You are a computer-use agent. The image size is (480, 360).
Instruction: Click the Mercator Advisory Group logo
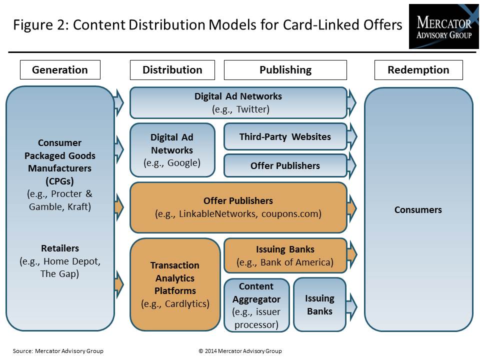444,26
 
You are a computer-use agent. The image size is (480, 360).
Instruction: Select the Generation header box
60,70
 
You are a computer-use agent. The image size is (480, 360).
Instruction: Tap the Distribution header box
172,70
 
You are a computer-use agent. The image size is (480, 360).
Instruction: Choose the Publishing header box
285,70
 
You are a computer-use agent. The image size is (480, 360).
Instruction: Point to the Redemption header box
418,70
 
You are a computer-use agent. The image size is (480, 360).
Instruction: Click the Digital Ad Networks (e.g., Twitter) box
238,103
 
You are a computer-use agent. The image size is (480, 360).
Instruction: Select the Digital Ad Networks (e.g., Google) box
172,150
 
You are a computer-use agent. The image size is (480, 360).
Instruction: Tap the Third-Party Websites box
285,136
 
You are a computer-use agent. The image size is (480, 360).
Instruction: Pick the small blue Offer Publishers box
285,165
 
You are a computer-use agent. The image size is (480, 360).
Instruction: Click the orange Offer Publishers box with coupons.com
238,207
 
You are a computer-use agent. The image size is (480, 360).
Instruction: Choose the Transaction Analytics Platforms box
175,284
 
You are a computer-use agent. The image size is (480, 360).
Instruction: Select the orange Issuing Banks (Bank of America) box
285,255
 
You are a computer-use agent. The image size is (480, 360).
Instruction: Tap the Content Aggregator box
256,305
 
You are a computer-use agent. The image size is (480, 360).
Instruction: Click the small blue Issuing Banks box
320,304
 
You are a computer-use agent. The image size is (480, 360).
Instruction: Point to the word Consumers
418,209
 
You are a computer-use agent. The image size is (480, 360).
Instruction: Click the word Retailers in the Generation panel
60,248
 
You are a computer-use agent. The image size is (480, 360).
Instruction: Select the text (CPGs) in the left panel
59,181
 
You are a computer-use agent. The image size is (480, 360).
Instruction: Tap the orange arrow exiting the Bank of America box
352,254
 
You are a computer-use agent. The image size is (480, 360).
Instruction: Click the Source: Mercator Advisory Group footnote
58,351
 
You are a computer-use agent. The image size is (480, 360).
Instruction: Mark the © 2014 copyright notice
240,351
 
